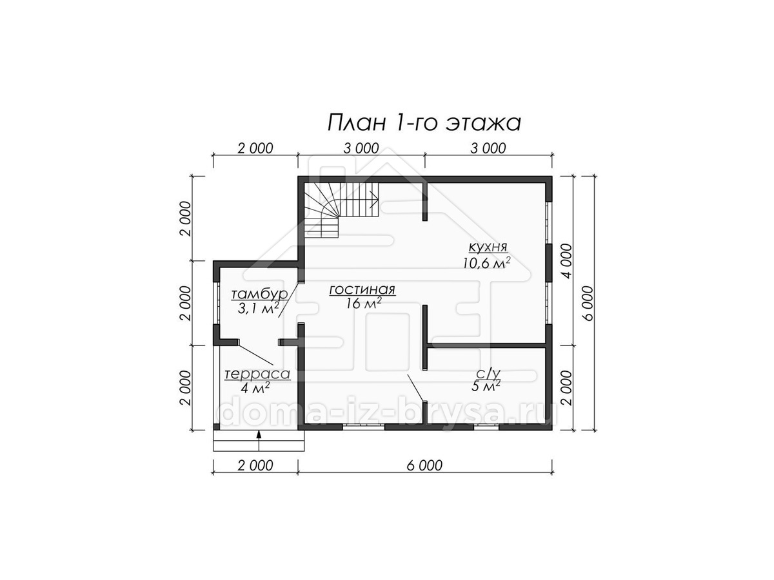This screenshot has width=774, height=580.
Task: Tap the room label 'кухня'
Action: pos(488,247)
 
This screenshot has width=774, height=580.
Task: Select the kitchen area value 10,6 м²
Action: pos(487,263)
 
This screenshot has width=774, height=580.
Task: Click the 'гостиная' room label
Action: pos(362,290)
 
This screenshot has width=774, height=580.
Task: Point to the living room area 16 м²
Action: pos(364,304)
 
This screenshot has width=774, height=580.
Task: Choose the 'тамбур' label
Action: pos(259,295)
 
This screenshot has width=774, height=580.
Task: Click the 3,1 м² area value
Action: pos(259,309)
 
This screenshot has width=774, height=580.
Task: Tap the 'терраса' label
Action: pos(258,374)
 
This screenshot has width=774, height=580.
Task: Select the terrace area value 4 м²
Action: pos(256,388)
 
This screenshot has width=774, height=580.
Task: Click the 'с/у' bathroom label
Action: pos(486,374)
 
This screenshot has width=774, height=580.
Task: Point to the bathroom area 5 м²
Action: pos(486,387)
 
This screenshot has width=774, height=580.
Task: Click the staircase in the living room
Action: pos(341,210)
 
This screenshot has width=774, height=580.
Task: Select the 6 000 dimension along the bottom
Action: pos(424,465)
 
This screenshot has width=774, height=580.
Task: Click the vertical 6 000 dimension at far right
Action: pos(588,303)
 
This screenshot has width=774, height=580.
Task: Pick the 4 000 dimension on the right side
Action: pos(568,260)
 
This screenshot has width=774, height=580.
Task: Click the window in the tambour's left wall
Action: pos(217,303)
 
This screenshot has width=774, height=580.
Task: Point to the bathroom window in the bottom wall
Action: pos(486,427)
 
